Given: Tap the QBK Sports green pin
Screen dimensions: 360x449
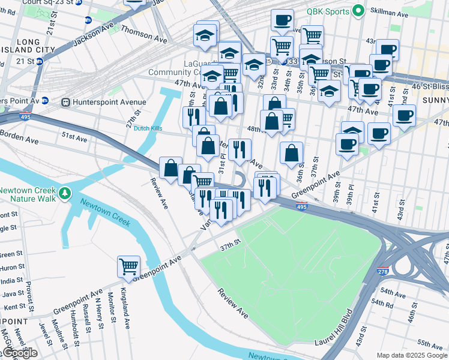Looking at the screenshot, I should (x=358, y=10).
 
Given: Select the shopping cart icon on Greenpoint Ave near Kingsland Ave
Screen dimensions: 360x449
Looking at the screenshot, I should (x=129, y=266).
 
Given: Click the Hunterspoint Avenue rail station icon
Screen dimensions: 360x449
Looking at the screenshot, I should (x=65, y=103).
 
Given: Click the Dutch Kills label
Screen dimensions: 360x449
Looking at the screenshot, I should (x=148, y=128).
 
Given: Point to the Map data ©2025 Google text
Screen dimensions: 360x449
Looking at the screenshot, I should (x=412, y=355).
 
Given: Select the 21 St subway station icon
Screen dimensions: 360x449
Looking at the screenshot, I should (x=40, y=61).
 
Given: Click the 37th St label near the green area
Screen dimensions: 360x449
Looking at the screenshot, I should (x=229, y=247).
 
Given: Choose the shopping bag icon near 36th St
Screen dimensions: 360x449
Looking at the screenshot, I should (x=291, y=153).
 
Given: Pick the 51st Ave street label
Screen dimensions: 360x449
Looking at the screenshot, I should (x=75, y=138).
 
